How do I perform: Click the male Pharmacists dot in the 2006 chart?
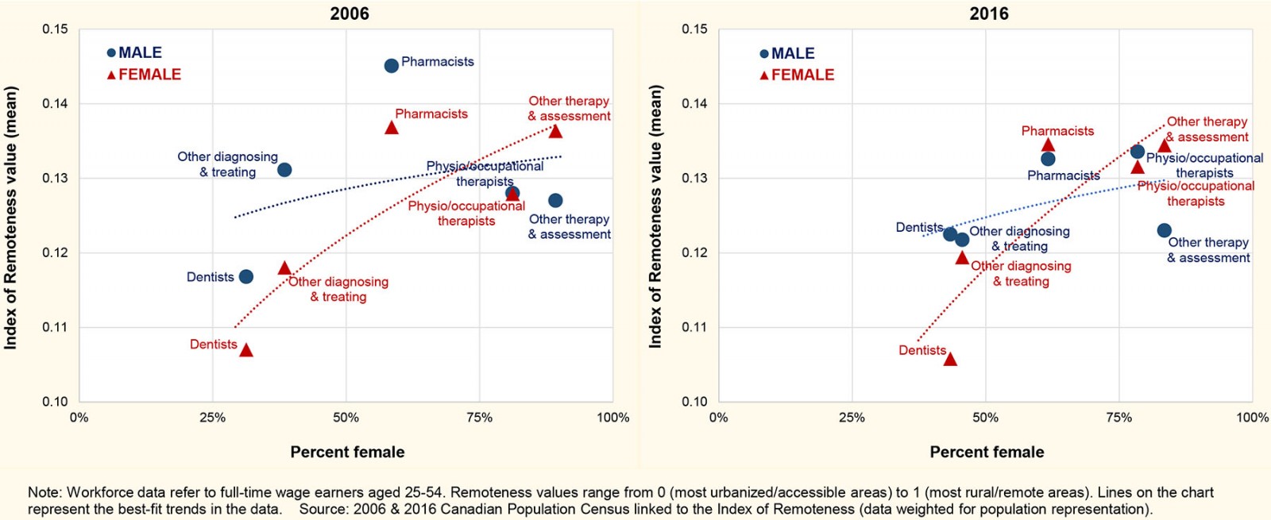point(391,66)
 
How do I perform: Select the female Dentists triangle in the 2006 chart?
point(246,350)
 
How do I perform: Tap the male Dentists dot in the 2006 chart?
point(246,276)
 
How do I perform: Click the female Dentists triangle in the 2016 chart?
point(950,360)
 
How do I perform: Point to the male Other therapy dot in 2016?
point(1164,230)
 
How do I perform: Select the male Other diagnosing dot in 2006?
point(284,170)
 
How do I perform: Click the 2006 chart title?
point(350,13)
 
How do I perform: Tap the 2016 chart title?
point(989,13)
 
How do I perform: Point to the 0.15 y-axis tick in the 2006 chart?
point(55,29)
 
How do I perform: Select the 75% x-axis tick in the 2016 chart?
point(1118,418)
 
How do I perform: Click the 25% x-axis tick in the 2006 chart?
point(212,418)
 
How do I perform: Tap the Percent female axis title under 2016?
point(987,452)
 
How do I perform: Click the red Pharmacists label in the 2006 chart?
point(431,114)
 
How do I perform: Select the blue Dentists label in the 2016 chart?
point(919,227)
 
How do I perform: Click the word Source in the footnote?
point(322,509)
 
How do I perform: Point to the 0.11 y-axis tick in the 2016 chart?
point(694,327)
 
